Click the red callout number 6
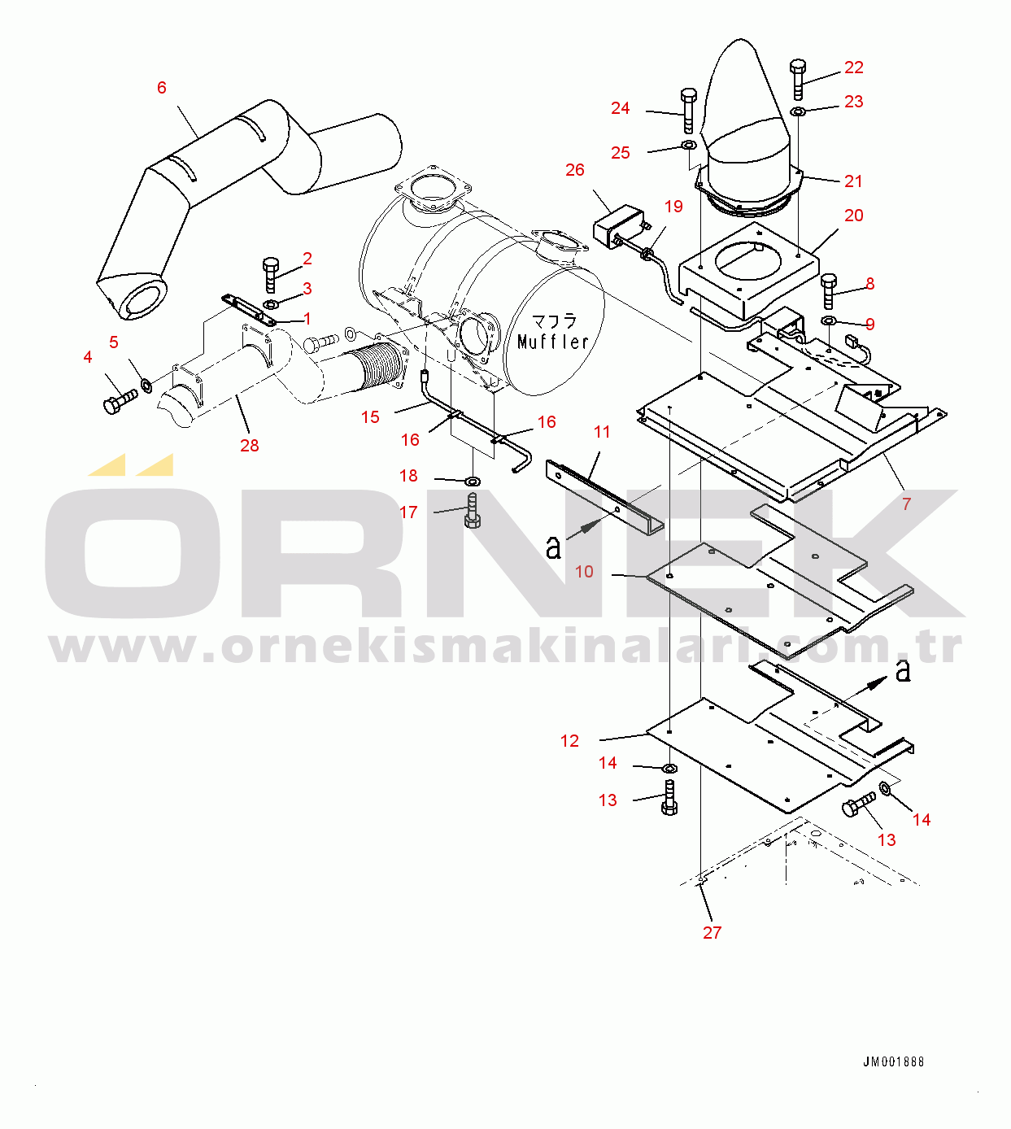coord(162,88)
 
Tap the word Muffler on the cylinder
coord(553,341)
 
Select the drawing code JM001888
coord(893,1062)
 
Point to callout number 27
coord(712,932)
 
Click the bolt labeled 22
coord(798,79)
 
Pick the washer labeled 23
coord(798,111)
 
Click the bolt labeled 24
coord(689,111)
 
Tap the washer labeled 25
coord(689,146)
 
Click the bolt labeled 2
coord(270,275)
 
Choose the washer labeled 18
coord(473,481)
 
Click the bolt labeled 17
coord(473,511)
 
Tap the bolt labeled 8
coord(829,291)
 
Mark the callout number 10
coord(584,572)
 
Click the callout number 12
coord(569,741)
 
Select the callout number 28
coord(250,445)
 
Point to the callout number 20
coord(854,216)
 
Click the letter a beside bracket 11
coord(553,547)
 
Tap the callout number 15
coord(370,416)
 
